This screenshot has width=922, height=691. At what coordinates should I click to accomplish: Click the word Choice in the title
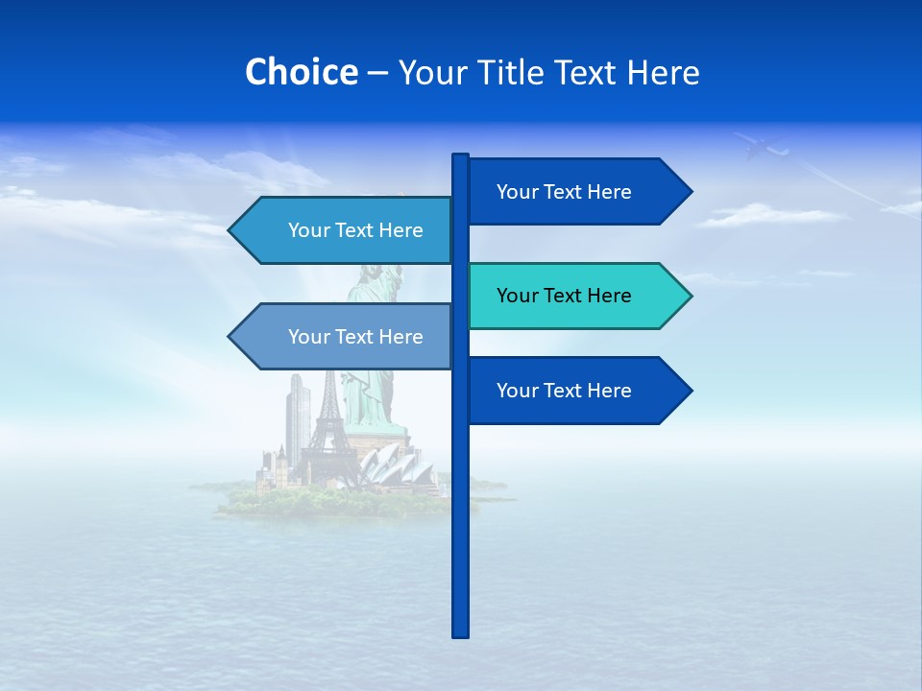point(301,72)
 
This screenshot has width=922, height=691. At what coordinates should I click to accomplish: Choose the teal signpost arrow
point(576,296)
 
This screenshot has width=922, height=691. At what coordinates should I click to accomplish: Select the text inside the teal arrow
point(564,296)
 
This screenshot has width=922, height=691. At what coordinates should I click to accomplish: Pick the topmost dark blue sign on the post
point(576,192)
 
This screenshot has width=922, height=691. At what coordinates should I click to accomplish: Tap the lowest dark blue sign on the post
point(576,391)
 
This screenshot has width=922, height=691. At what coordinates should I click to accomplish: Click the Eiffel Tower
point(328,422)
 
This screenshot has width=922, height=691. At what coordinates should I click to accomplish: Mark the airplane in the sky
point(762,146)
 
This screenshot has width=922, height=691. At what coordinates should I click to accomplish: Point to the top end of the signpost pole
point(460,158)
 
